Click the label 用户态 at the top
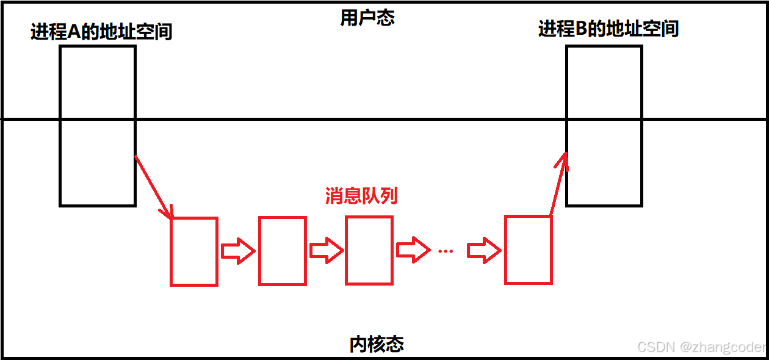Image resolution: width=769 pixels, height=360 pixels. coord(367,18)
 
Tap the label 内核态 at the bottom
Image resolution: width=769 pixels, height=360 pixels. coord(377,344)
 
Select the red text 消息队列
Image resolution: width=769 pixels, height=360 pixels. coord(361,195)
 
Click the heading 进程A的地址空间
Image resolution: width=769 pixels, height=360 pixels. coord(101,31)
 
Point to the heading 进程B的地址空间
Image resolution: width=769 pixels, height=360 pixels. coord(608,29)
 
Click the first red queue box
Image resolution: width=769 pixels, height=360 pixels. coord(194,251)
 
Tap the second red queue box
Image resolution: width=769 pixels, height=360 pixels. coord(283,251)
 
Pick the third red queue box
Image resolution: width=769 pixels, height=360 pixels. coord(369,250)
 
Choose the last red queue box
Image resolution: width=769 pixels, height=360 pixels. coord(529,250)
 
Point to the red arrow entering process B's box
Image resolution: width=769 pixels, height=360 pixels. coord(559,184)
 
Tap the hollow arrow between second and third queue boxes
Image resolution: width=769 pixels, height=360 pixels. coord(326,251)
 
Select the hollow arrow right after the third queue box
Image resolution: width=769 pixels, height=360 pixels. coord(413,250)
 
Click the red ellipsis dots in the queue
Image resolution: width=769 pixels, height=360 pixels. coord(446,251)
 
